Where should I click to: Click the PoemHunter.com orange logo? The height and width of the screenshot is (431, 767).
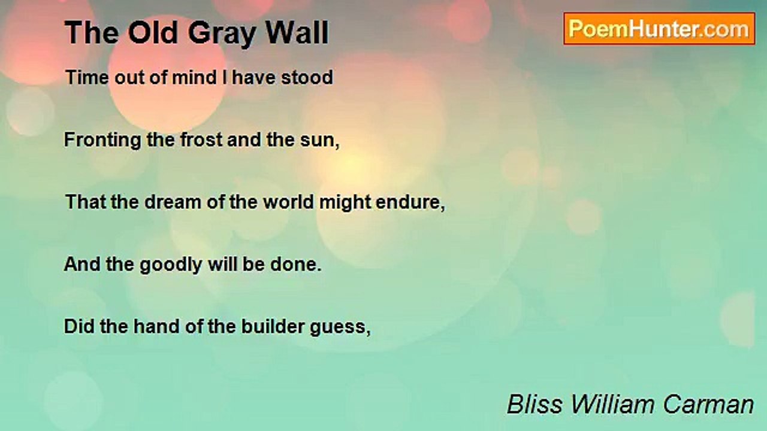click(x=659, y=29)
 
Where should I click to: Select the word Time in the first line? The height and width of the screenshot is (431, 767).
click(x=87, y=77)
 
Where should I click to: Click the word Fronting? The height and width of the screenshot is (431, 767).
click(x=102, y=140)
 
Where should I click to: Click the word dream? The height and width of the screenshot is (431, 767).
click(x=173, y=202)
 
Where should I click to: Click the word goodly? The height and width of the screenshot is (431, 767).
click(x=171, y=265)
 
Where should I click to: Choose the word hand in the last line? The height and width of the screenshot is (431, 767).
click(x=156, y=327)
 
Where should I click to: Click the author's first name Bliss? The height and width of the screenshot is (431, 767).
click(x=535, y=404)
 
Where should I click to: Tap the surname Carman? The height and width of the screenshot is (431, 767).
click(x=708, y=405)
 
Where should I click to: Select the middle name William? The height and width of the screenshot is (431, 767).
click(x=612, y=404)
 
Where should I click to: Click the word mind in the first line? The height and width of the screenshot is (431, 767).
click(x=194, y=77)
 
